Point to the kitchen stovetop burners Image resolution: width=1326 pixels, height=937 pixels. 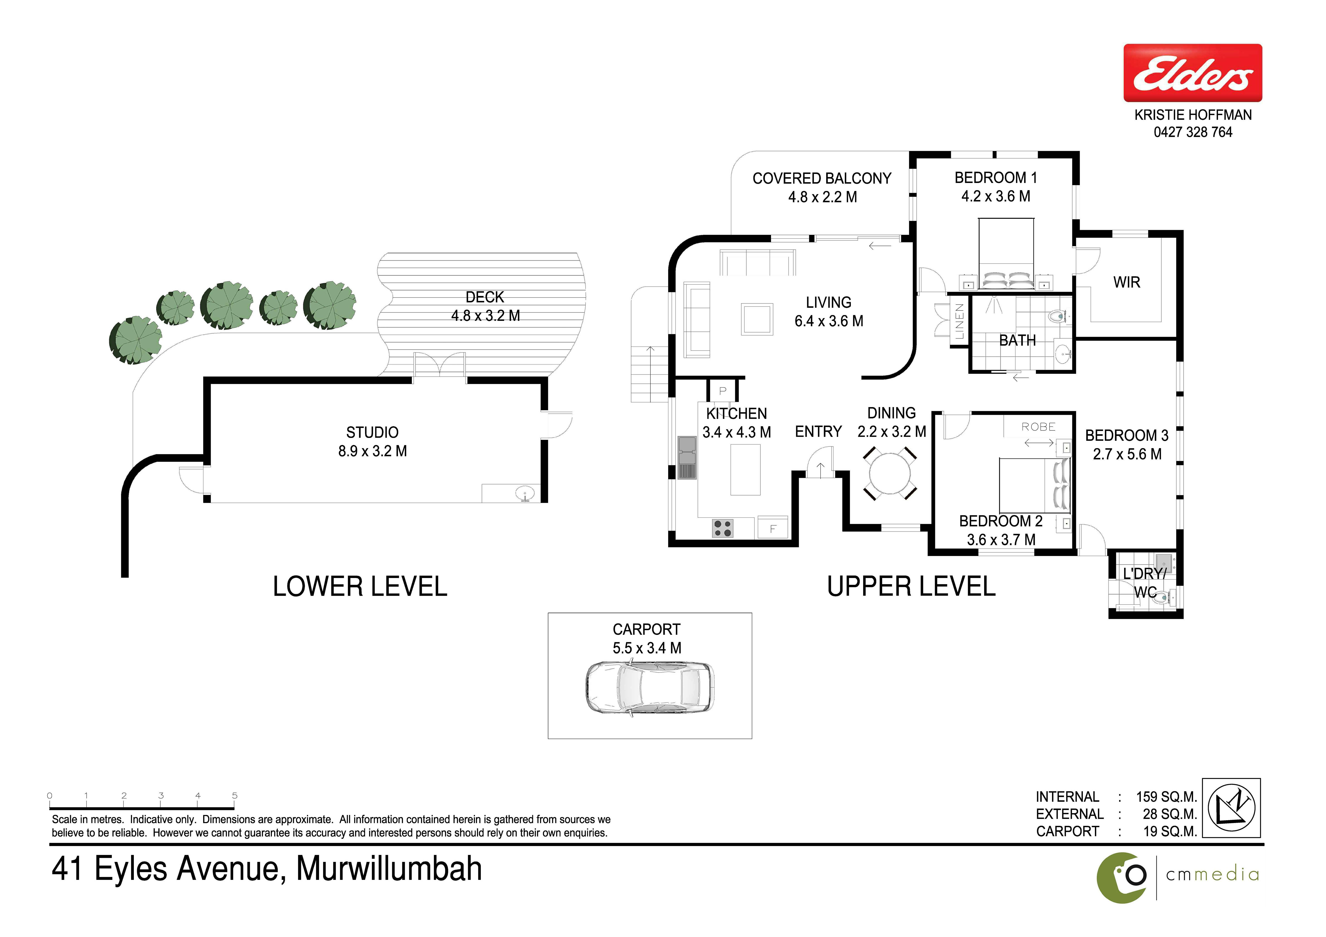point(723,528)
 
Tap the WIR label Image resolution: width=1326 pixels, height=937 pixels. point(1126,282)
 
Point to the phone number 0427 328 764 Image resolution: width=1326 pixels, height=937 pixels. point(1193,132)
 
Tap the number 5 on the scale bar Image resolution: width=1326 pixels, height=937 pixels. point(234,795)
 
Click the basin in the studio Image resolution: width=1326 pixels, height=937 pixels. point(524,494)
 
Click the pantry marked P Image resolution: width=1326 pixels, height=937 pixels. point(723,391)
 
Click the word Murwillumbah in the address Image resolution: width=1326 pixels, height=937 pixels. point(389,869)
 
